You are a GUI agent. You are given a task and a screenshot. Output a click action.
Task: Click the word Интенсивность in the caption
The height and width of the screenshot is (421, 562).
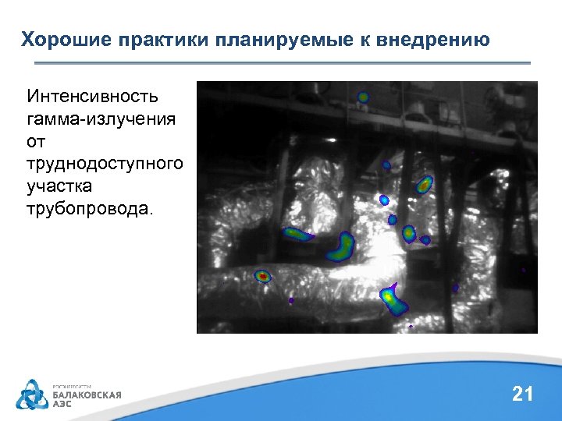point(92,97)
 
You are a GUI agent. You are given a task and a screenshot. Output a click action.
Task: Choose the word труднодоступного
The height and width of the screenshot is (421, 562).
point(105,165)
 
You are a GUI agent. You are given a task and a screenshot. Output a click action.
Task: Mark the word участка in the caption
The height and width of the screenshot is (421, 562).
point(59,187)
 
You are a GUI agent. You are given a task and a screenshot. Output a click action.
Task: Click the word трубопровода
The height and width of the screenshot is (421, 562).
point(91,209)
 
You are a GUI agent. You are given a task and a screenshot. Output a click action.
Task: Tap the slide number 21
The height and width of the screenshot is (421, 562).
point(522,394)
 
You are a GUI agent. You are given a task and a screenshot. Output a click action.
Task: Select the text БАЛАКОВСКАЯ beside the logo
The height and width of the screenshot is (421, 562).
point(87,395)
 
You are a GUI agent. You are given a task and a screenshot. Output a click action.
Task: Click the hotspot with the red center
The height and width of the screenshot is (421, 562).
point(263,276)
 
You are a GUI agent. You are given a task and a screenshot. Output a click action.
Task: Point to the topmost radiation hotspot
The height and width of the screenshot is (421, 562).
point(363,97)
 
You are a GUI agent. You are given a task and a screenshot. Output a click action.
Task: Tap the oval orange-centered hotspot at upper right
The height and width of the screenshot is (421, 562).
point(424,185)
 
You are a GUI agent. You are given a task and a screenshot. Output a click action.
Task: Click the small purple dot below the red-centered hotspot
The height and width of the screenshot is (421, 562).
point(291,300)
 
